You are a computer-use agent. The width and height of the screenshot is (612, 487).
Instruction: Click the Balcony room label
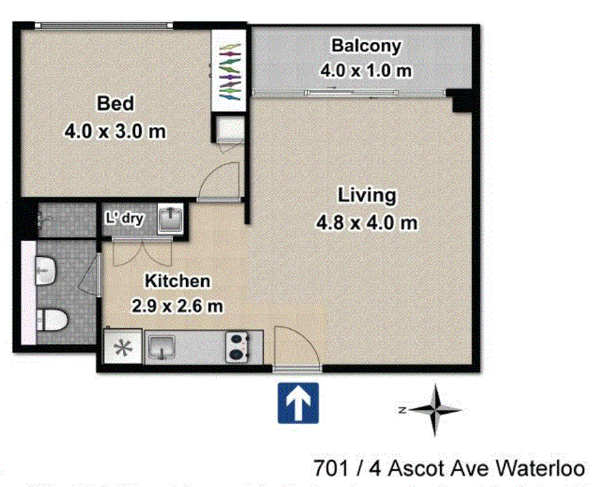(x=366, y=46)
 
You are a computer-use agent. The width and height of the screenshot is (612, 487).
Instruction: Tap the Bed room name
(x=115, y=103)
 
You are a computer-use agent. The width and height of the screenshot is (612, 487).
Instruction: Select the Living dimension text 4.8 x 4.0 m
(x=366, y=223)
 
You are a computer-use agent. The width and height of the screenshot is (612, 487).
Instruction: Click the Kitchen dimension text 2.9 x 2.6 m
(x=177, y=305)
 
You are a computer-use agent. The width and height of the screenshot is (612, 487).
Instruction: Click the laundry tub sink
(x=170, y=218)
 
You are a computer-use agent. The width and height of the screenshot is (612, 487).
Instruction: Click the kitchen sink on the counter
(x=160, y=346)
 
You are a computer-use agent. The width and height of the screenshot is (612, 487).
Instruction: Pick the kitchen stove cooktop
(x=236, y=346)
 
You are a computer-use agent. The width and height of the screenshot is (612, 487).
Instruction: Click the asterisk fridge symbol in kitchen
(x=123, y=348)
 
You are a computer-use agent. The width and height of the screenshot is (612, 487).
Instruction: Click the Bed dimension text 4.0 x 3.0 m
(x=115, y=131)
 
